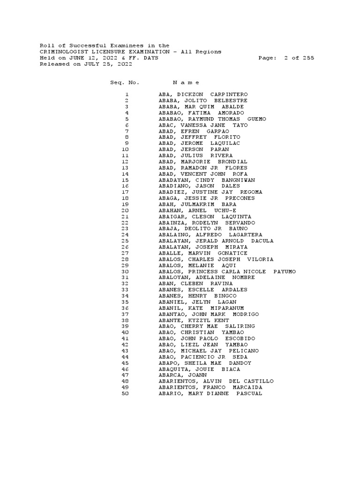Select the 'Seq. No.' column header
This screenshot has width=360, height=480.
(x=124, y=82)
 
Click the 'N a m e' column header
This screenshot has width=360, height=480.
(x=186, y=82)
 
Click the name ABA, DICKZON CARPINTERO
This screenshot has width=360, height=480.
(x=203, y=95)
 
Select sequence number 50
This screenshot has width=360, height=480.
(x=125, y=394)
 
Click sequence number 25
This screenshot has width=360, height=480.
(x=125, y=241)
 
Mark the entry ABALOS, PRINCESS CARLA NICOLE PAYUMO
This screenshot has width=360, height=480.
(x=227, y=271)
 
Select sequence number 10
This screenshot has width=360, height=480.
(x=125, y=150)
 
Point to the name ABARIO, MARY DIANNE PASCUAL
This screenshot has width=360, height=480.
(x=210, y=394)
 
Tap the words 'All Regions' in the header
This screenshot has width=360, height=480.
(x=201, y=52)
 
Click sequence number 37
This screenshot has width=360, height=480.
(x=125, y=314)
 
